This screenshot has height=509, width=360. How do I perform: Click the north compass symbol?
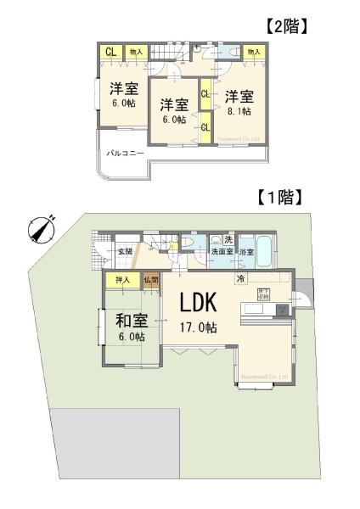click(x=41, y=230)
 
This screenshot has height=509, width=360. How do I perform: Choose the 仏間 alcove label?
click(x=150, y=279)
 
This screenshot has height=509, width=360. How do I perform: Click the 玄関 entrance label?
click(x=125, y=251)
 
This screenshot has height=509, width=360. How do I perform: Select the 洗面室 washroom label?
click(x=222, y=251)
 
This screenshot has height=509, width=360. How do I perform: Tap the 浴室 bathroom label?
click(x=247, y=251)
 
